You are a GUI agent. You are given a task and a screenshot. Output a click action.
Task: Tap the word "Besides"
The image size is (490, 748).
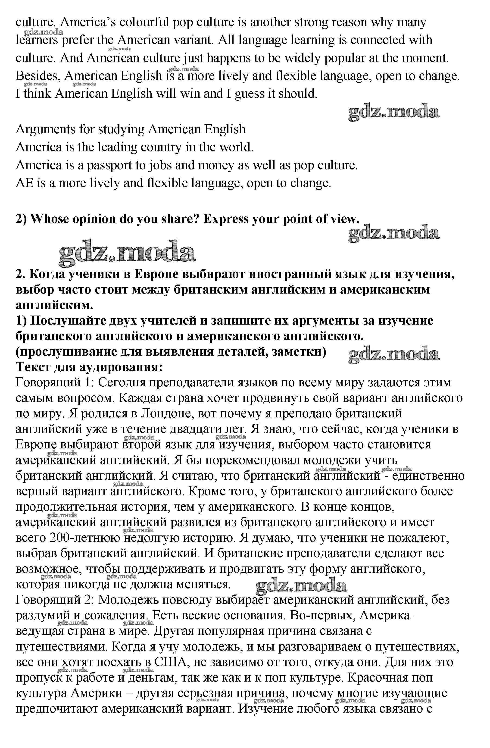38,76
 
